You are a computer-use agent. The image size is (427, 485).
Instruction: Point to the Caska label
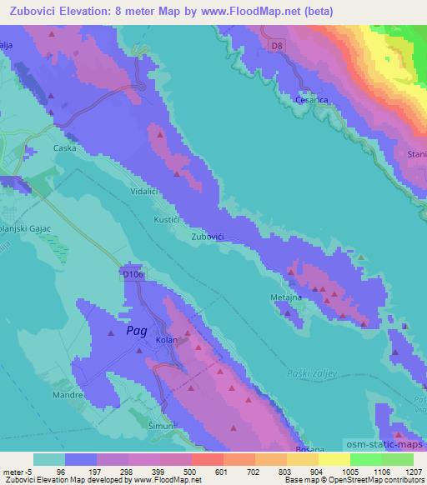[x=64, y=148]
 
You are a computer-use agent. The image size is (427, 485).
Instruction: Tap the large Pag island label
[x=138, y=331]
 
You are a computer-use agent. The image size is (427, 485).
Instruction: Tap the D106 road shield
[x=133, y=273]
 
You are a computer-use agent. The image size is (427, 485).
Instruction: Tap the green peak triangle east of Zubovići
[x=360, y=257]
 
